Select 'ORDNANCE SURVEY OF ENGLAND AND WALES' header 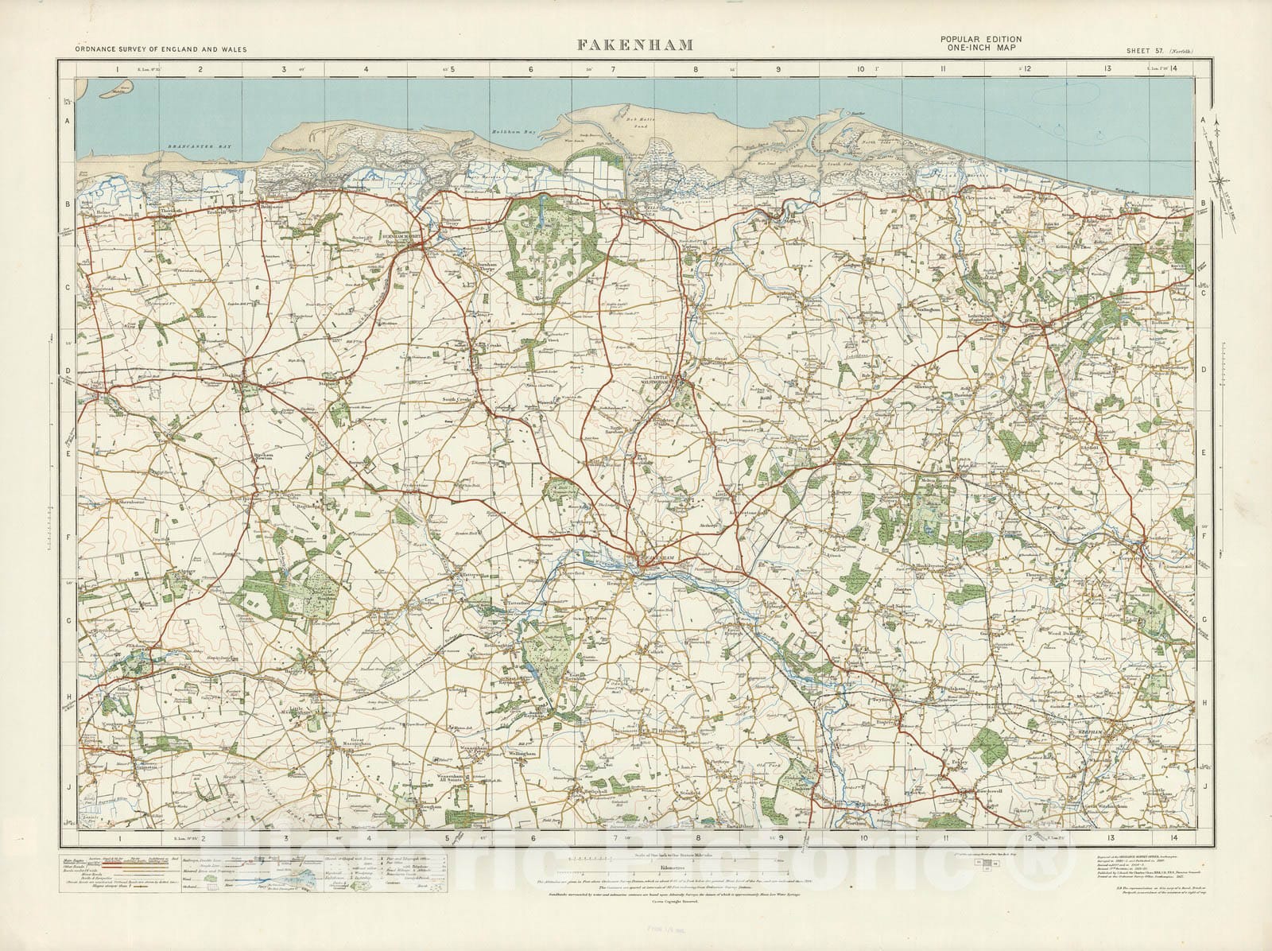click(x=161, y=49)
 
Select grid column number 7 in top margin click(x=612, y=69)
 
